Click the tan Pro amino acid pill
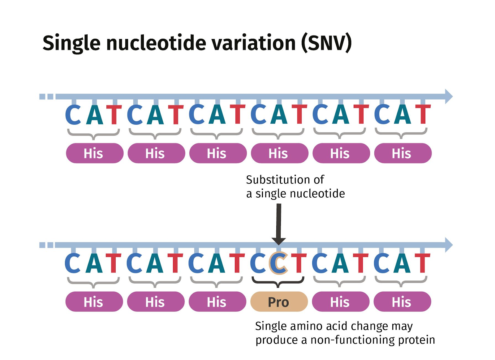coord(279,302)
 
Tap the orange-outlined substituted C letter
coord(278,263)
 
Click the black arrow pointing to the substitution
coord(279,224)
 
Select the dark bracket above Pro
coord(278,282)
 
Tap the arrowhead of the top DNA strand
coord(449,96)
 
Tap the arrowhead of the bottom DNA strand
coord(449,245)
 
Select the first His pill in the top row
coord(95,153)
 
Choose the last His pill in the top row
coord(403,153)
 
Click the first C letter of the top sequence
coord(73,114)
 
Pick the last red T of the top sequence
coord(423,114)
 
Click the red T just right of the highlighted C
coord(299,263)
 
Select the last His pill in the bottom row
coord(402,302)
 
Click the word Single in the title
coord(71,44)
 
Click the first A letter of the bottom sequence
coord(94,263)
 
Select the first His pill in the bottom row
coord(94,302)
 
